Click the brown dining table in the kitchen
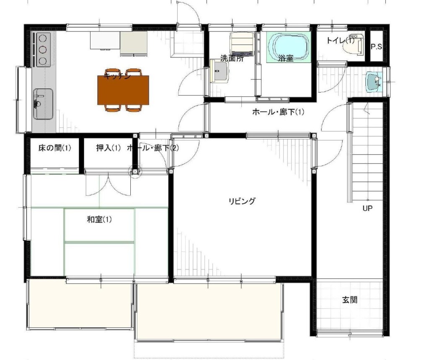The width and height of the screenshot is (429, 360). [123, 90]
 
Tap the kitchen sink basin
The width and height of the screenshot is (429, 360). [43, 104]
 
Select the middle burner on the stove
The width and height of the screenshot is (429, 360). [43, 49]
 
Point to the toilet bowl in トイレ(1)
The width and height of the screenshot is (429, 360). [351, 47]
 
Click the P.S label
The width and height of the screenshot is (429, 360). [376, 47]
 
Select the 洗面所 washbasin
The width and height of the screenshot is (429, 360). [219, 71]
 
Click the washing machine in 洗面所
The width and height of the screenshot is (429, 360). [242, 44]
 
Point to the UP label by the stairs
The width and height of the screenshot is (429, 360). [367, 208]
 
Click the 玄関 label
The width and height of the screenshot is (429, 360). [350, 300]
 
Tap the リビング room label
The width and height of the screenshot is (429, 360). [242, 201]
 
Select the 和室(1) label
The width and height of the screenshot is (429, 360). [99, 219]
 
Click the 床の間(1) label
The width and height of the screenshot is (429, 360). [54, 148]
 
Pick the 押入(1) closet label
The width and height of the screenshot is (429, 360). [109, 148]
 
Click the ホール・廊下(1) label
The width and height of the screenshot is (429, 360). [278, 112]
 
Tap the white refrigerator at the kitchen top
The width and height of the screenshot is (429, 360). [105, 41]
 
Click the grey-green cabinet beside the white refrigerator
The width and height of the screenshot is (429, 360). [134, 43]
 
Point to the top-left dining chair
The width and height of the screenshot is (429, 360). [112, 72]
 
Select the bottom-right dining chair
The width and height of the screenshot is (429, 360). [134, 108]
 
